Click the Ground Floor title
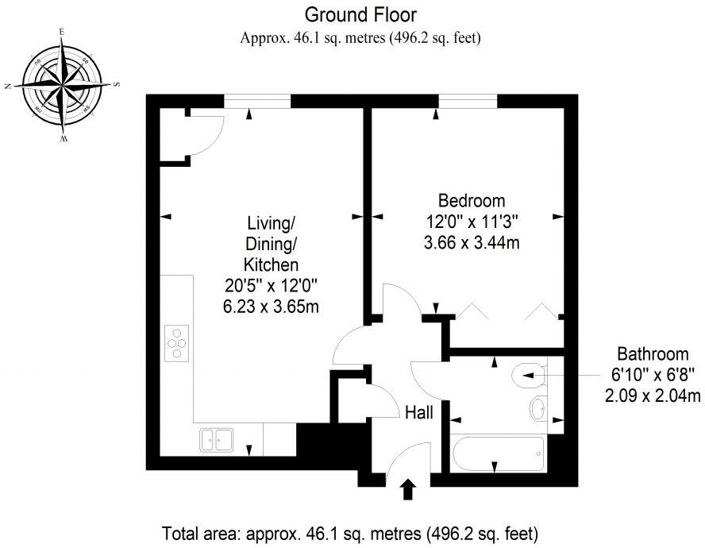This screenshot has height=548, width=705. click(360, 14)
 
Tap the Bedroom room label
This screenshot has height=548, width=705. click(472, 200)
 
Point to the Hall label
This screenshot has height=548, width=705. click(418, 412)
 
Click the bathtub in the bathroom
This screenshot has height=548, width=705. click(498, 453)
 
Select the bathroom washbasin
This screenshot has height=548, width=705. click(537, 408)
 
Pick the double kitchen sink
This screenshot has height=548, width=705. click(214, 438)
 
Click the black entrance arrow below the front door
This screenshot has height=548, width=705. click(409, 489)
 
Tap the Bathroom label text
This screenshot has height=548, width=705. click(653, 354)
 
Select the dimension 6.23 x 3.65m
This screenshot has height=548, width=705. click(272, 307)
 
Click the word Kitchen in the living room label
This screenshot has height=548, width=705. click(271, 264)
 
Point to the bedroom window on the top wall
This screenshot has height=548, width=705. click(468, 99)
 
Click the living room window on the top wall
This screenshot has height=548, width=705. click(257, 99)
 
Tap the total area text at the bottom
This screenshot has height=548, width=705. click(350, 532)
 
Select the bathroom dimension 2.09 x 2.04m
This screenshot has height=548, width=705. click(653, 396)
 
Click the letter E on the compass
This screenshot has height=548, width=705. click(62, 32)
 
